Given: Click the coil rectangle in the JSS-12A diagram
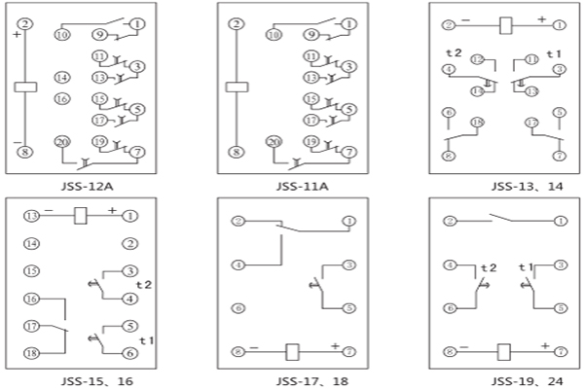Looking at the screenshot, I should (26, 87).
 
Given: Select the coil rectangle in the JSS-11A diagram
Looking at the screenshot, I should (235, 87).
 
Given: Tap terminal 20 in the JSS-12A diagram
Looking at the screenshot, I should (61, 142).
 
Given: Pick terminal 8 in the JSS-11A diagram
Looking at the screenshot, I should (235, 152).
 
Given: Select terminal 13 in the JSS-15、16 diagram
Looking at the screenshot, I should (32, 215).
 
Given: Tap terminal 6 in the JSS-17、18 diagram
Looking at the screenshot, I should (237, 308).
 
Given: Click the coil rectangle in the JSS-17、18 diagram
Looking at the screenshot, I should (291, 350).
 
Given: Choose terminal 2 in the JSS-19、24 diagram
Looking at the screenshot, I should (449, 221).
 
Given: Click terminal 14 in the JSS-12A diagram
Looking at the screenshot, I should (61, 77).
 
